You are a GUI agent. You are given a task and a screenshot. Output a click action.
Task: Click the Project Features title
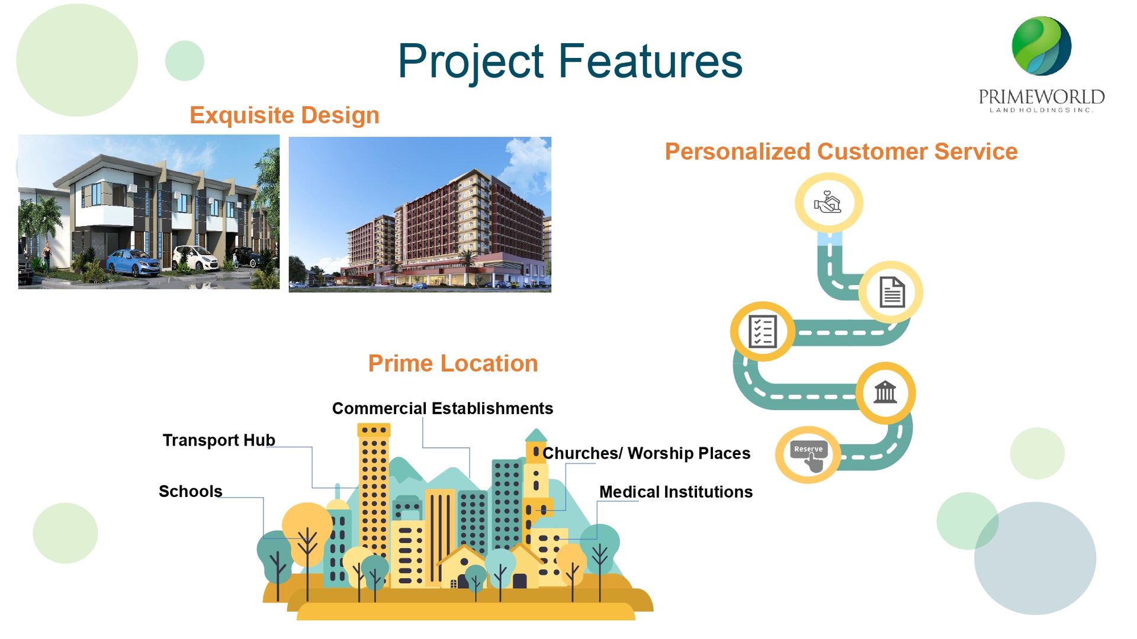570,62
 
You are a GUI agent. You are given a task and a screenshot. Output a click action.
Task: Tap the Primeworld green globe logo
1041,46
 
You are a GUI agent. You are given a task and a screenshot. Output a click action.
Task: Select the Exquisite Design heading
284,115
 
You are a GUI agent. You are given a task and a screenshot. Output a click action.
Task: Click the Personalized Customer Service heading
841,152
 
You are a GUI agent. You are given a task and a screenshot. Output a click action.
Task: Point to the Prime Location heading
453,363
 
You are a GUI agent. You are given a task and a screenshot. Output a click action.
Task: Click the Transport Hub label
219,440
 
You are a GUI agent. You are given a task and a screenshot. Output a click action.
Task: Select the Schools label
191,491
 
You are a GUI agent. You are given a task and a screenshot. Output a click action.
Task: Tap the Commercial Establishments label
442,408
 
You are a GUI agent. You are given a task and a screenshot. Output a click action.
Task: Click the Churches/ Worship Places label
647,453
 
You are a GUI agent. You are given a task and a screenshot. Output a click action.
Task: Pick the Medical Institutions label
676,492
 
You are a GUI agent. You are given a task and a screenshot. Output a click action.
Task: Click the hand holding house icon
828,202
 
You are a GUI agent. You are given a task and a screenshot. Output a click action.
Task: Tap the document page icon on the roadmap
892,292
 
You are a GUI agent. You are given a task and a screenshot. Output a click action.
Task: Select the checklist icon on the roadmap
762,331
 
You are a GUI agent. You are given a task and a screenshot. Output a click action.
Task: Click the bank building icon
885,392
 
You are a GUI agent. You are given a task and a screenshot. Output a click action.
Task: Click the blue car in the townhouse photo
133,263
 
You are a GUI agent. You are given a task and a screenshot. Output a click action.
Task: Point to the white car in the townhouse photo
195,258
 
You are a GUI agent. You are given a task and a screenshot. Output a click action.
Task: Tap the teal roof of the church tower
536,435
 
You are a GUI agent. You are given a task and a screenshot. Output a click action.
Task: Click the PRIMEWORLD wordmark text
1041,96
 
